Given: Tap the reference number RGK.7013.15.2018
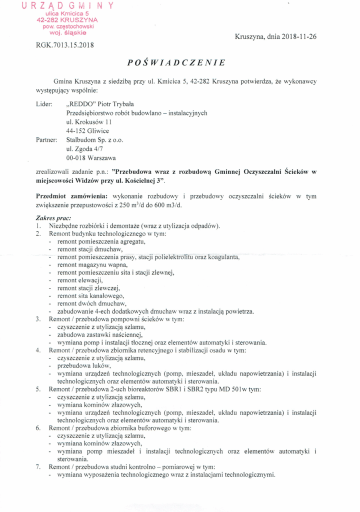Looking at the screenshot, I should tap(65, 44).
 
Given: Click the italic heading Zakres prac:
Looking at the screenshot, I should tap(53, 217).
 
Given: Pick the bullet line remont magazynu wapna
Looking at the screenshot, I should tap(89, 265).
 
